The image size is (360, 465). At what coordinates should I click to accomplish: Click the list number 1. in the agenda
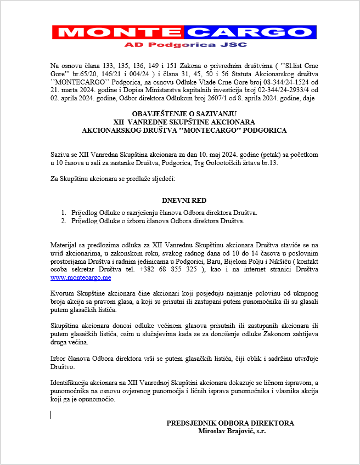point(64,213)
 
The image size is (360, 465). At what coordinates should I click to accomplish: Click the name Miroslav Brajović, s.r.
point(232,431)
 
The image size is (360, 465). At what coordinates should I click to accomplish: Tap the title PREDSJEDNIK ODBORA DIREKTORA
point(230,423)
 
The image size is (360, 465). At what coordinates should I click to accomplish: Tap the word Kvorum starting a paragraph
point(61,294)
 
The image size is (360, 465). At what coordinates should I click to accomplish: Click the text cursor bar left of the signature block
point(50,415)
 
